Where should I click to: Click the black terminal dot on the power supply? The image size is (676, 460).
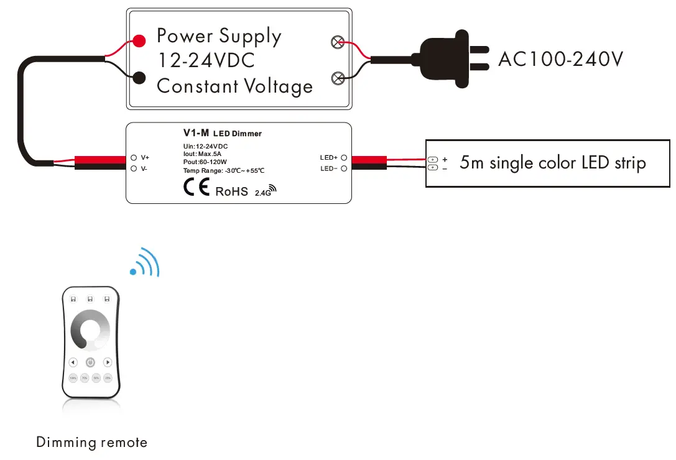[x=139, y=77]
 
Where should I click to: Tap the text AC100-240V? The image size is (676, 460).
[x=560, y=59]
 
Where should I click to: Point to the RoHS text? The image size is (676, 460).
[x=231, y=191]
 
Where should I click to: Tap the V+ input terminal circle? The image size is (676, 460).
[x=134, y=158]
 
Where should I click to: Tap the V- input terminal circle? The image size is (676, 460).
[x=134, y=168]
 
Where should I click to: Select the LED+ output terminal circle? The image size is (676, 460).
[x=344, y=158]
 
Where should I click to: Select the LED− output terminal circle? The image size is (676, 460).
[x=344, y=168]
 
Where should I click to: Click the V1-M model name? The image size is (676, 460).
[x=196, y=132]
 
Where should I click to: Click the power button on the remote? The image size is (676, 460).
[x=90, y=362]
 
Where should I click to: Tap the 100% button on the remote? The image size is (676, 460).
[x=73, y=378]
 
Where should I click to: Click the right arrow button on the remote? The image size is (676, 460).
[x=108, y=362]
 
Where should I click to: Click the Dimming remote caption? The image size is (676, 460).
[x=92, y=443]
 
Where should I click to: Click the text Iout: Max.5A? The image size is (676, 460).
[x=198, y=154]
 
